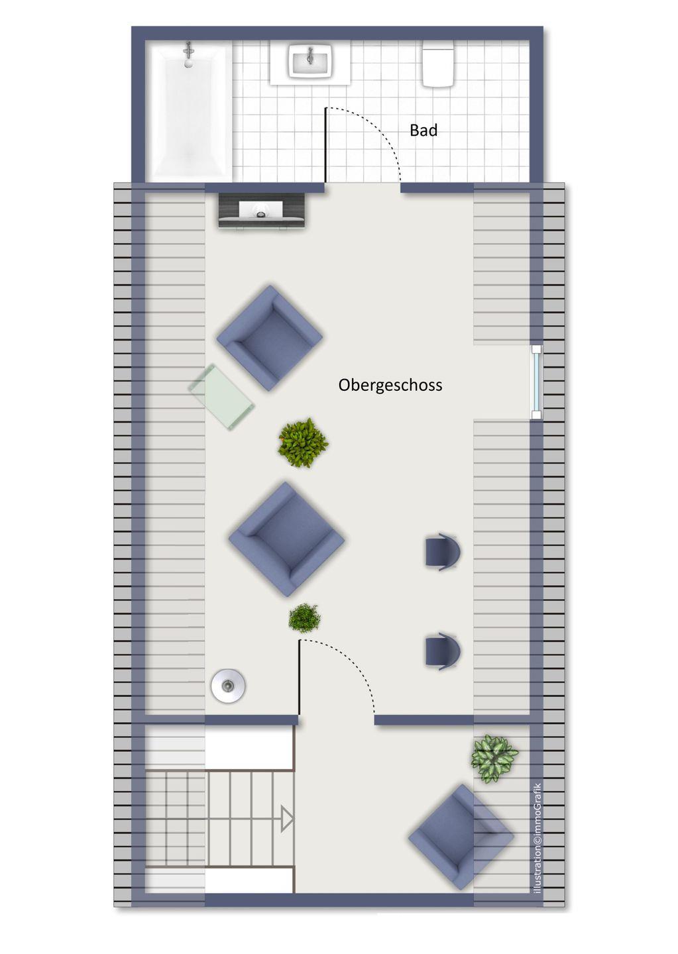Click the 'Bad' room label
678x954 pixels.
point(423,131)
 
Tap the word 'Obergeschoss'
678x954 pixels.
point(390,385)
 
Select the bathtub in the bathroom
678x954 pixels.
point(189,111)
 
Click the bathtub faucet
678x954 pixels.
point(188,54)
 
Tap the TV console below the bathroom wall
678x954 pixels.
point(262,211)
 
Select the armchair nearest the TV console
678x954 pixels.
point(269,338)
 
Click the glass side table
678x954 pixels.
point(221,396)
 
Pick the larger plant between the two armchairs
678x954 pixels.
point(304,443)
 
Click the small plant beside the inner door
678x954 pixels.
point(304,618)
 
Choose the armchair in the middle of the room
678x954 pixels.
point(286,539)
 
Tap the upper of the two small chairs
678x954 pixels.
point(443,551)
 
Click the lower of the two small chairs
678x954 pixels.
point(443,651)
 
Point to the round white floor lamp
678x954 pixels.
point(229,685)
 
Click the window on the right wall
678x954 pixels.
point(536,382)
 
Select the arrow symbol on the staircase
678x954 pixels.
point(287,820)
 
